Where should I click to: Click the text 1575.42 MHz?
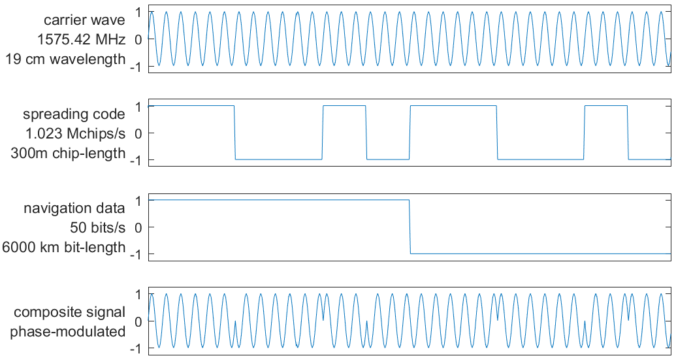click(x=81, y=40)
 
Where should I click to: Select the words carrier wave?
click(x=84, y=20)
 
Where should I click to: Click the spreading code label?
click(x=74, y=114)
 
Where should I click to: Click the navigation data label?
click(x=74, y=208)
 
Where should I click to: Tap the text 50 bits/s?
click(x=97, y=228)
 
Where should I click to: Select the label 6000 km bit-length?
click(x=64, y=247)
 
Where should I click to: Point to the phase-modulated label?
click(x=67, y=331)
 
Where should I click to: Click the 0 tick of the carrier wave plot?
click(x=138, y=39)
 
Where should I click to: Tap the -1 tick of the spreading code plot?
click(x=137, y=160)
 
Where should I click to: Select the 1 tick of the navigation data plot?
click(x=138, y=200)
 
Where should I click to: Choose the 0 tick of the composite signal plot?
click(x=138, y=321)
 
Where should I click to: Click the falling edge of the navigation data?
click(x=410, y=227)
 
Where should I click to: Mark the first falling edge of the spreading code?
click(x=234, y=133)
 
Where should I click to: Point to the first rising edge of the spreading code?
click(x=323, y=133)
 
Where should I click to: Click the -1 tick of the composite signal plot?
click(x=137, y=348)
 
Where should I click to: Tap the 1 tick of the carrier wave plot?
click(x=138, y=12)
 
